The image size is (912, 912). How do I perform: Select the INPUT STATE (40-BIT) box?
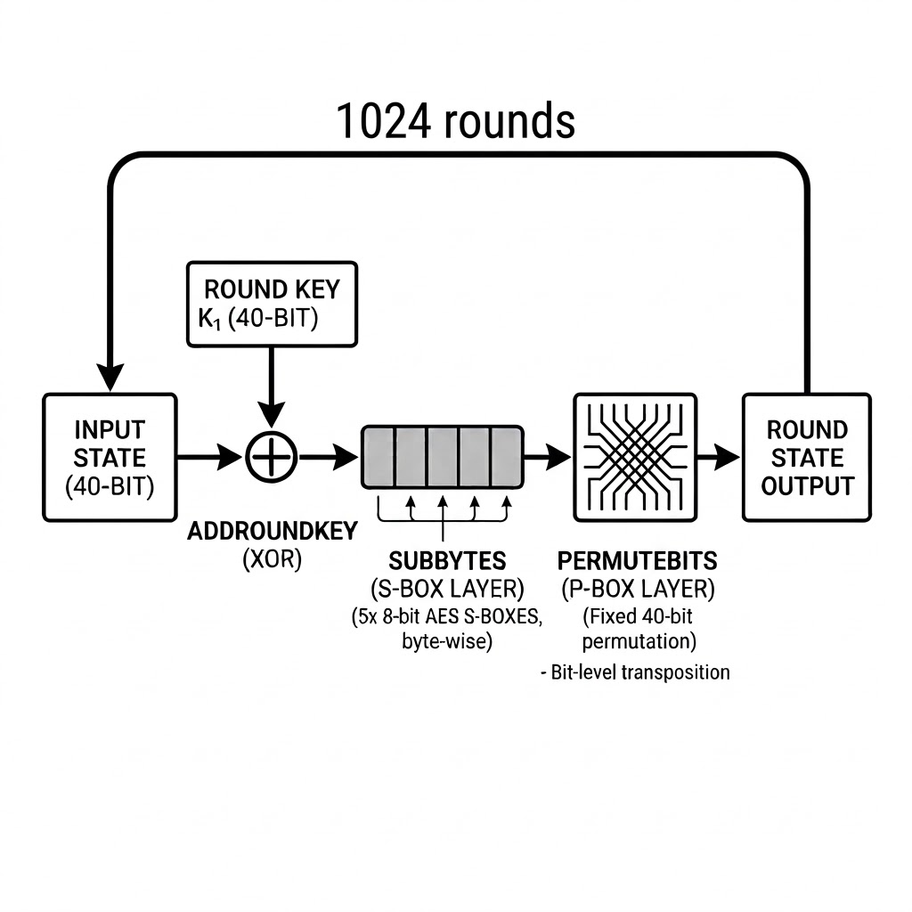pyautogui.click(x=110, y=458)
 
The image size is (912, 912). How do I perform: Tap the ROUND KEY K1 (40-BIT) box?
pyautogui.click(x=271, y=304)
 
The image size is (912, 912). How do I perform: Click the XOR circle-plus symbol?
pyautogui.click(x=271, y=458)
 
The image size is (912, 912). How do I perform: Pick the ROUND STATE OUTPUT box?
pyautogui.click(x=807, y=458)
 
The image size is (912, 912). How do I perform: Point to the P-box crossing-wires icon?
pyautogui.click(x=632, y=458)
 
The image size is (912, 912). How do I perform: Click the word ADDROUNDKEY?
pyautogui.click(x=272, y=532)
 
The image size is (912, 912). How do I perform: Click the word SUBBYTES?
pyautogui.click(x=447, y=561)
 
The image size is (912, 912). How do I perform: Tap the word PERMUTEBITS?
pyautogui.click(x=638, y=561)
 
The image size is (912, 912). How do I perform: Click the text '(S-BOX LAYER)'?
pyautogui.click(x=447, y=589)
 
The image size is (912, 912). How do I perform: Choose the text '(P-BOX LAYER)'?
pyautogui.click(x=638, y=589)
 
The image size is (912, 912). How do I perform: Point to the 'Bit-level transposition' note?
pyautogui.click(x=635, y=672)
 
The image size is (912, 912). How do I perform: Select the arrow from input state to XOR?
pyautogui.click(x=210, y=458)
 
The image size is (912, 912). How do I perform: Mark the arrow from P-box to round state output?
pyautogui.click(x=718, y=458)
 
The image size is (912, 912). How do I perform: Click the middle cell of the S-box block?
pyautogui.click(x=442, y=458)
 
